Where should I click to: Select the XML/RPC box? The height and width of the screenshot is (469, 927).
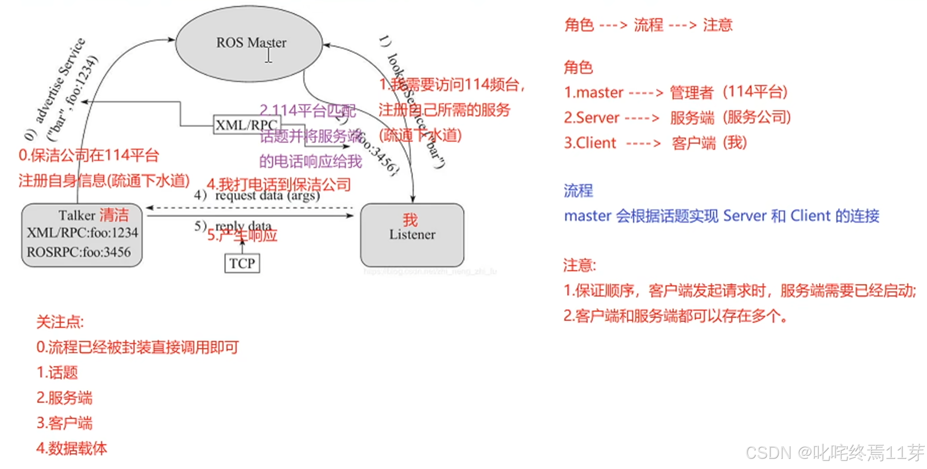246,124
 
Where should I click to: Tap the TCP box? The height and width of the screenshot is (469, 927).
242,263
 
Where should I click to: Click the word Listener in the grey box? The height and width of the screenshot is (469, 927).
412,235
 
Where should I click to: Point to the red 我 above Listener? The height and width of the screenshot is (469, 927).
410,220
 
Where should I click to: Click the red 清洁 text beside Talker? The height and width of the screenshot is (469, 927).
114,215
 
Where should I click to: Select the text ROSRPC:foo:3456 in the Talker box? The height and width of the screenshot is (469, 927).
79,252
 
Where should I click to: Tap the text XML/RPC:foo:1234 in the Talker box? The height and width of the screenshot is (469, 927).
82,233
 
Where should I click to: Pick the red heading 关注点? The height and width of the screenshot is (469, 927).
60,322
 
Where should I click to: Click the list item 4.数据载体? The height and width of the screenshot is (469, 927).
71,448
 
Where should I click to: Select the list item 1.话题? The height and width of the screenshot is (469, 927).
57,373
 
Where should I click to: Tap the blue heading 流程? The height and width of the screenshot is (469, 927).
578,191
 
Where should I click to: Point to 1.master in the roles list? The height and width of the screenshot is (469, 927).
593,93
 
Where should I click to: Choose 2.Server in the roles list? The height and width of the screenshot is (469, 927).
591,118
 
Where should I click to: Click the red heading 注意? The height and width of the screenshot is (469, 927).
580,265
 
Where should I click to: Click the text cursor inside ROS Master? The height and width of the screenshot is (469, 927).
269,55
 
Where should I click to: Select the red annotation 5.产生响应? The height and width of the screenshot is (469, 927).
242,236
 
